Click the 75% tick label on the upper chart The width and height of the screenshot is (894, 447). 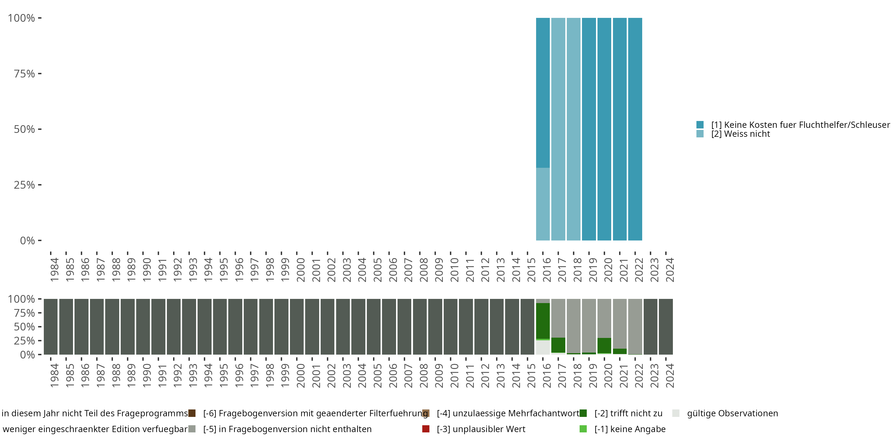click(24, 74)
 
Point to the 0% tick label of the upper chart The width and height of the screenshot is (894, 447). click(27, 240)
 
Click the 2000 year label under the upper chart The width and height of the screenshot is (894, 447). click(301, 270)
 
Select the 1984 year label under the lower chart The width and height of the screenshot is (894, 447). click(55, 375)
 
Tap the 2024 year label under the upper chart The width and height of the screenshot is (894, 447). click(670, 270)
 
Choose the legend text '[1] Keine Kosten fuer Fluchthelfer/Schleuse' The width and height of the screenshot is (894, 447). click(799, 125)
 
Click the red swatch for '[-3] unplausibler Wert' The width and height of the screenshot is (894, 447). click(426, 429)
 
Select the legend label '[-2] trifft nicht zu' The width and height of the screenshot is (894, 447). click(628, 413)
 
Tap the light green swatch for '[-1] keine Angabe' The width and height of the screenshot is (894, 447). click(583, 429)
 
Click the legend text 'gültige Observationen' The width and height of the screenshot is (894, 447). click(732, 413)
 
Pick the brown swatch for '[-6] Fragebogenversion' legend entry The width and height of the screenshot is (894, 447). click(192, 413)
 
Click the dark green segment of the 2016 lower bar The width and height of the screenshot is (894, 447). click(543, 321)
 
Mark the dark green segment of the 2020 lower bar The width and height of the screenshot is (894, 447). click(604, 345)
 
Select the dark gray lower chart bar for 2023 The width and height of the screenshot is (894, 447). click(650, 327)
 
